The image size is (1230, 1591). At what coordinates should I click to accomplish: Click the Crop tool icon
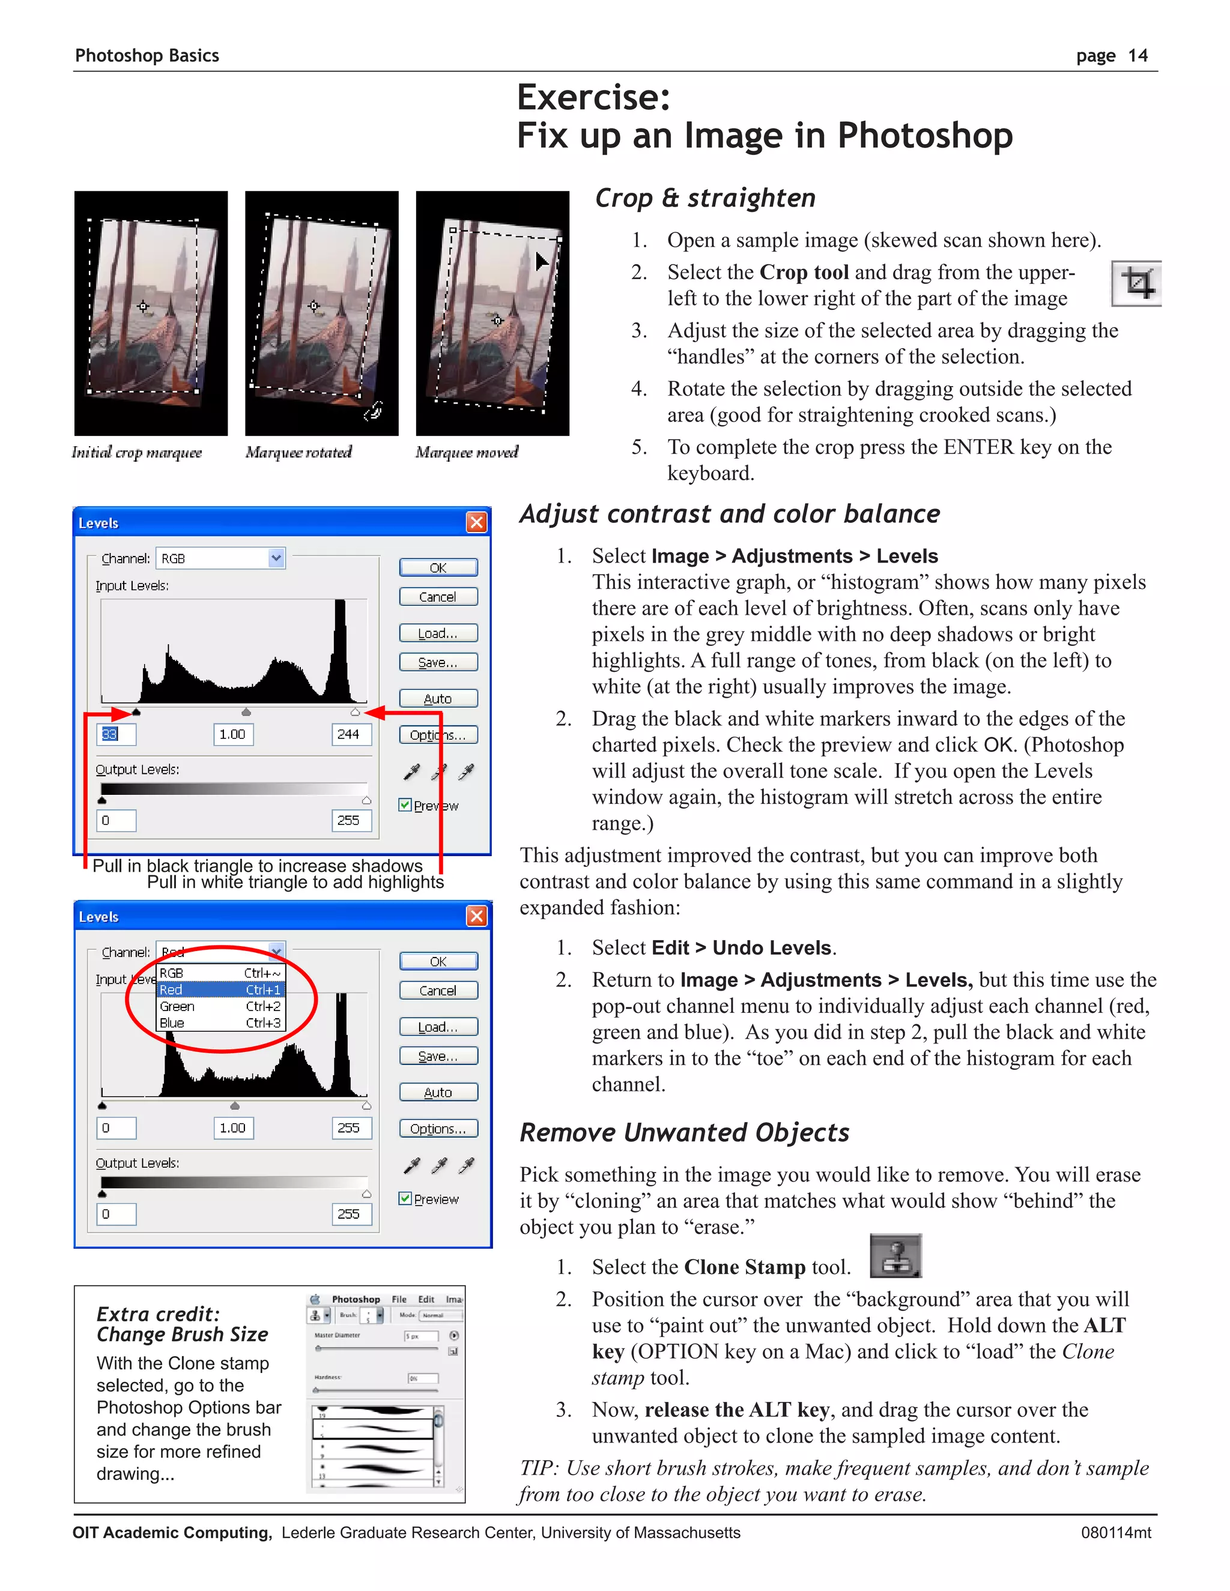(1136, 283)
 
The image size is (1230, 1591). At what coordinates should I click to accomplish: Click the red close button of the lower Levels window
(476, 916)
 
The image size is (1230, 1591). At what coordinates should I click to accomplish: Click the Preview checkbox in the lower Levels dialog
(406, 1198)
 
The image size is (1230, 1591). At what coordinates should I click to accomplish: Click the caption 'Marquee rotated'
(298, 453)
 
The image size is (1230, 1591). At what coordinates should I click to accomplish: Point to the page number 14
(1138, 56)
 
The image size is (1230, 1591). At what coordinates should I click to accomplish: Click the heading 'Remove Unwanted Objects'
(684, 1133)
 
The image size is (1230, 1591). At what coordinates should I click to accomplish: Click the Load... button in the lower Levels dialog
(438, 1027)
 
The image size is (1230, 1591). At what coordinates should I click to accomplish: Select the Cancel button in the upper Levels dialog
(438, 597)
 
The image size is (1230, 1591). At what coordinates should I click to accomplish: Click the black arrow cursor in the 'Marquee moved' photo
(541, 261)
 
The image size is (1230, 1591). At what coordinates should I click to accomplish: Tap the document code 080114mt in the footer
(1116, 1533)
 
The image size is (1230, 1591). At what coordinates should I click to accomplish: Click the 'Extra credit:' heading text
(158, 1314)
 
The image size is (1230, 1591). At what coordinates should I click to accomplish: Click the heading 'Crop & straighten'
(704, 198)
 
